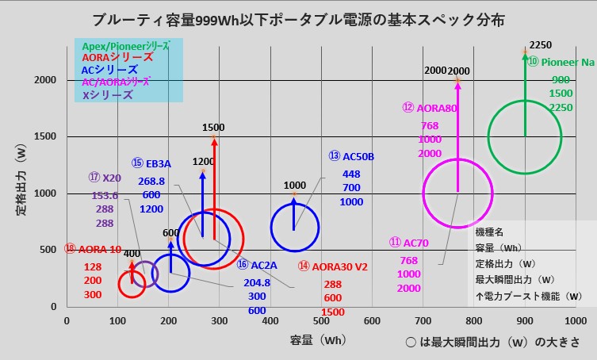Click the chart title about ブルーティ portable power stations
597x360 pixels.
(298, 20)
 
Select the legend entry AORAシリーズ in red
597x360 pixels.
(117, 58)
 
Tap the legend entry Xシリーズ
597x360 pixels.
(107, 94)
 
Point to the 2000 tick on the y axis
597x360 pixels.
(45, 80)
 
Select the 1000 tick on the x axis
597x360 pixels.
(576, 320)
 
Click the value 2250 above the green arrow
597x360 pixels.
(540, 45)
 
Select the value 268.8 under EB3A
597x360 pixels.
(151, 181)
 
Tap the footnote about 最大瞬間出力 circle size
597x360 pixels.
(492, 342)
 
